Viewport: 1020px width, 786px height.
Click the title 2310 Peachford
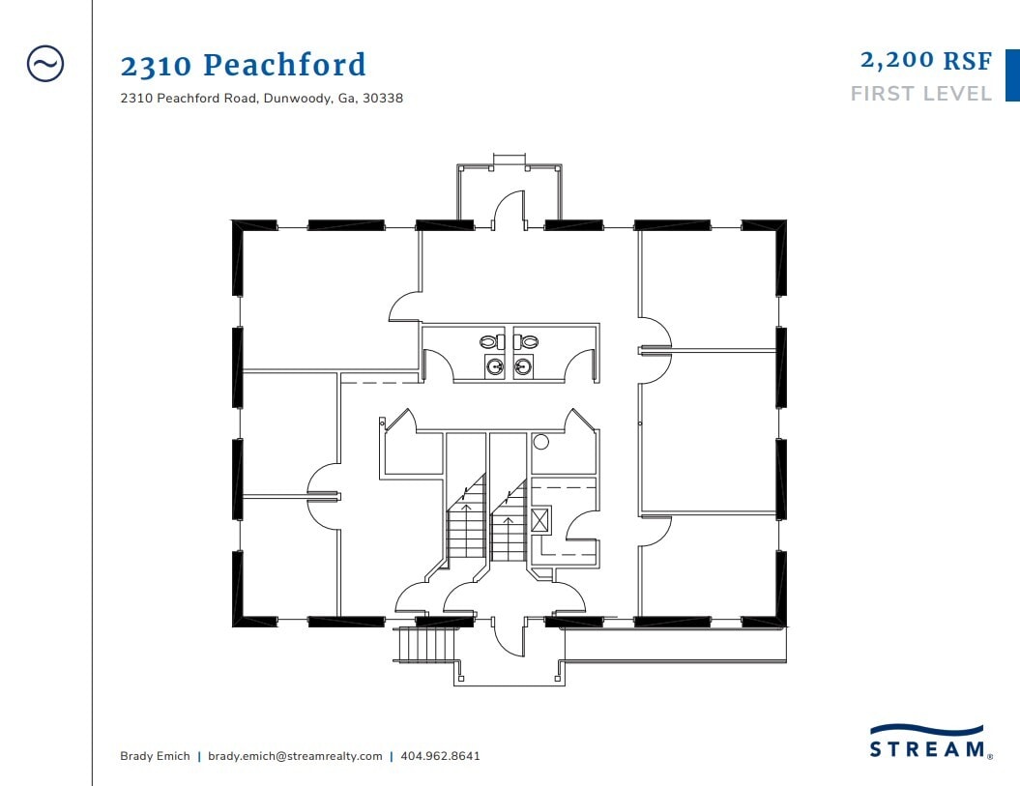(x=243, y=66)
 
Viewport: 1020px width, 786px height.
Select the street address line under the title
(x=261, y=99)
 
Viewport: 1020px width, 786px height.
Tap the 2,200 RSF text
(x=925, y=60)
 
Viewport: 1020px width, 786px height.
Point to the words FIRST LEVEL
(x=920, y=94)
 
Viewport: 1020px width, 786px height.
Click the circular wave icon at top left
(x=45, y=64)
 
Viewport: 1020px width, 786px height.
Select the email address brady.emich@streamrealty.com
(x=295, y=756)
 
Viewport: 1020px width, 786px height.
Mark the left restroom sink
(x=495, y=366)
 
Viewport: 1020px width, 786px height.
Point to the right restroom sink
(x=523, y=366)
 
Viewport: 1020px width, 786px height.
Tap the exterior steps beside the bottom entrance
(x=426, y=643)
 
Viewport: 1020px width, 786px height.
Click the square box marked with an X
(x=539, y=519)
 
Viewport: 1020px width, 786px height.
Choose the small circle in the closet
(x=541, y=443)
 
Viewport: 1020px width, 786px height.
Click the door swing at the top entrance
(x=509, y=210)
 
